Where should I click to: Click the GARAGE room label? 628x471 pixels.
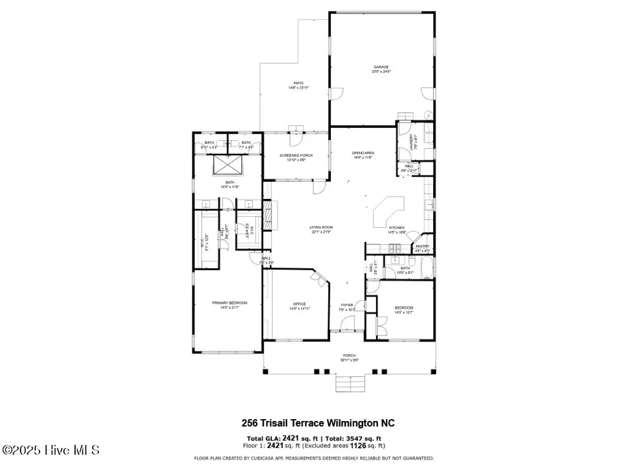(x=381, y=67)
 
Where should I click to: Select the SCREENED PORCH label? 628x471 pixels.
(x=296, y=155)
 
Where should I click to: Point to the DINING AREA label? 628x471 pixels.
(x=363, y=153)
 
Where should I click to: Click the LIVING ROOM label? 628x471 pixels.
(x=322, y=227)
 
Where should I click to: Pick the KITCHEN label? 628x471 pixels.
(x=397, y=228)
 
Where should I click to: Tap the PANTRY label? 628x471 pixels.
(x=422, y=247)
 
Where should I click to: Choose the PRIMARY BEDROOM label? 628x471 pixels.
(x=230, y=303)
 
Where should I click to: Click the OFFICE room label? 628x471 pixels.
(x=299, y=304)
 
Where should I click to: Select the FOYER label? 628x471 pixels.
(x=347, y=305)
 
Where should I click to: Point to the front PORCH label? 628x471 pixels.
(x=349, y=356)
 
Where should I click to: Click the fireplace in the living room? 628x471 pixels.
(x=269, y=215)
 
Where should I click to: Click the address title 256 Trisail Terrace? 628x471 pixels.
(x=318, y=423)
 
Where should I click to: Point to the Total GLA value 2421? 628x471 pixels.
(x=291, y=438)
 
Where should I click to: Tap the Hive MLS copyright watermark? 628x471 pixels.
(x=51, y=450)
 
